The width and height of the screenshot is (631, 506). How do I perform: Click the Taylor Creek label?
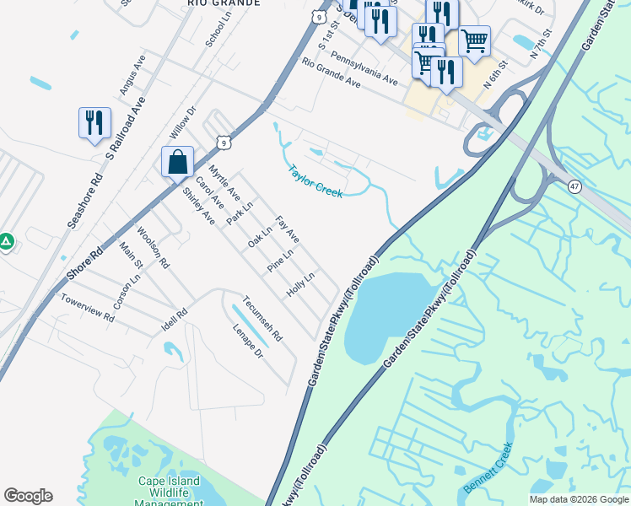pos(315,180)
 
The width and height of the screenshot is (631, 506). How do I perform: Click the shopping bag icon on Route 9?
pos(177,162)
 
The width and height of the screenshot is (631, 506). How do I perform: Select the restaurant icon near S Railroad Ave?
pos(94,123)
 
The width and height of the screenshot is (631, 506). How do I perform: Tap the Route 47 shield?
pos(574,186)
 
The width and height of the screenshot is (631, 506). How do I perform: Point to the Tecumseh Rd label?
pos(262,319)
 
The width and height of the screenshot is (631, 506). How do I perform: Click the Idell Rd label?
pos(175,316)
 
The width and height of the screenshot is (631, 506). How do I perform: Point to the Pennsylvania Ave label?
pos(364,67)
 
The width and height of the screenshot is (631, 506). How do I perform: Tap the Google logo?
pos(28,496)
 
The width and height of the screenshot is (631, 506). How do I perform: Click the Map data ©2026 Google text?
pos(578,499)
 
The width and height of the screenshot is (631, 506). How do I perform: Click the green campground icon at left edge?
pos(5,242)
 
